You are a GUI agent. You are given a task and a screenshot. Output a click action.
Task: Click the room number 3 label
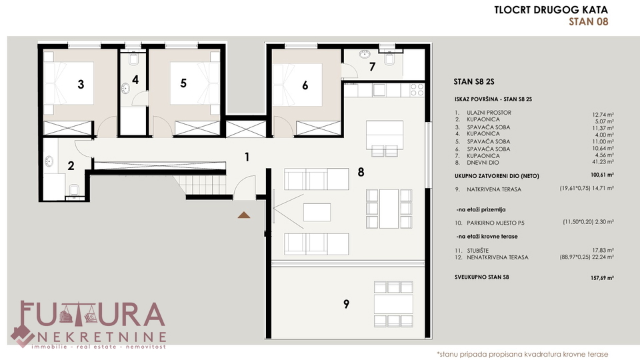point(81,85)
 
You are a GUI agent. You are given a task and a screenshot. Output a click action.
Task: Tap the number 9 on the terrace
point(346,304)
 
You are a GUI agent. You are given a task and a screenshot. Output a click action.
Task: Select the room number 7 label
point(372,67)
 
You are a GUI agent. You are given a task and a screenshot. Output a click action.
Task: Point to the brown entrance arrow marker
point(244,215)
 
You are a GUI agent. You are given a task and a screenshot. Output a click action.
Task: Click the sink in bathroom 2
point(49,161)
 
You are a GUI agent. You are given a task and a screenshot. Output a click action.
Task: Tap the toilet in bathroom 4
point(133,59)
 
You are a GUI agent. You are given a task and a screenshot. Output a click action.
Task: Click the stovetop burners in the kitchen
point(417,90)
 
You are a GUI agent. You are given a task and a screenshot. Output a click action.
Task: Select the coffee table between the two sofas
point(317,212)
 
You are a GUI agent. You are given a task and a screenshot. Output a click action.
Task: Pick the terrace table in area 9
point(393,305)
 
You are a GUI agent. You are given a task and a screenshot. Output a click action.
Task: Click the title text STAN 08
point(589,21)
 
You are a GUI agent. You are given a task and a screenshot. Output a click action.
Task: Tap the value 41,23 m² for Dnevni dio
point(603,162)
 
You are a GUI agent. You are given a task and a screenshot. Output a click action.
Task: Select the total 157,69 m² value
point(602,278)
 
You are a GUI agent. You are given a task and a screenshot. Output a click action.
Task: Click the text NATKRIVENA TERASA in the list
point(494,189)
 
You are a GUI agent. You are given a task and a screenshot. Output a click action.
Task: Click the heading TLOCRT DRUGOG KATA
point(551,10)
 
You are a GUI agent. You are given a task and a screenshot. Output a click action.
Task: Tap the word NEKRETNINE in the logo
point(102,337)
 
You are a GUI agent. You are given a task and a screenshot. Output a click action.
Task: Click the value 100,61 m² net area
point(602,175)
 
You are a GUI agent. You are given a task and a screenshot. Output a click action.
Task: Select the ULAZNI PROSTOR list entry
point(489,113)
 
